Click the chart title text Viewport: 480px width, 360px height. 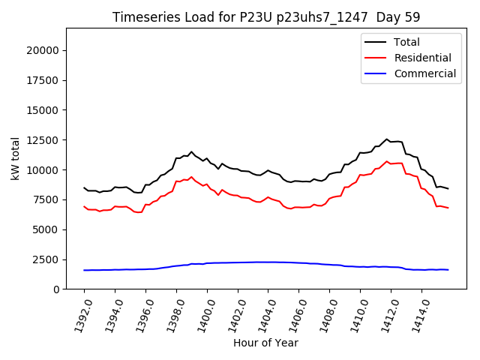coord(266,17)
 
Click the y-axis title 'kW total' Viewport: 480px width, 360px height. coord(16,158)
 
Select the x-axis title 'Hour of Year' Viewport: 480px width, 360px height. coord(265,343)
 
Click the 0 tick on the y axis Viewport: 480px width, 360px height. coord(56,289)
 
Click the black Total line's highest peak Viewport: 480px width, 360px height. coord(387,139)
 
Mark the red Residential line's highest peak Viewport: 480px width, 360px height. coord(387,161)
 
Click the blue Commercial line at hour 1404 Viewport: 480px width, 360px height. coord(268,262)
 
